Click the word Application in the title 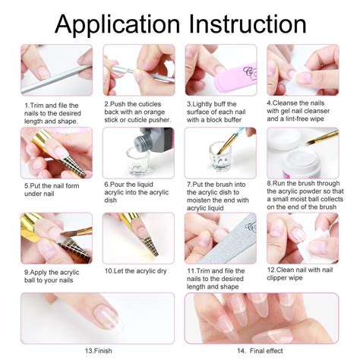[x=117, y=25]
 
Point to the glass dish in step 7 [x=219, y=156]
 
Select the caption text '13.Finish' [x=98, y=351]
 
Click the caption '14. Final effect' [x=260, y=351]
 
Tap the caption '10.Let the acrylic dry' [x=136, y=271]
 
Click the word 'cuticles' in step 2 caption [x=149, y=104]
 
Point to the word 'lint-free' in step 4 [x=294, y=118]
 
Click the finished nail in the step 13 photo [x=108, y=315]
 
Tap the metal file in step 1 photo [x=57, y=79]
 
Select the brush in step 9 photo [x=76, y=232]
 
